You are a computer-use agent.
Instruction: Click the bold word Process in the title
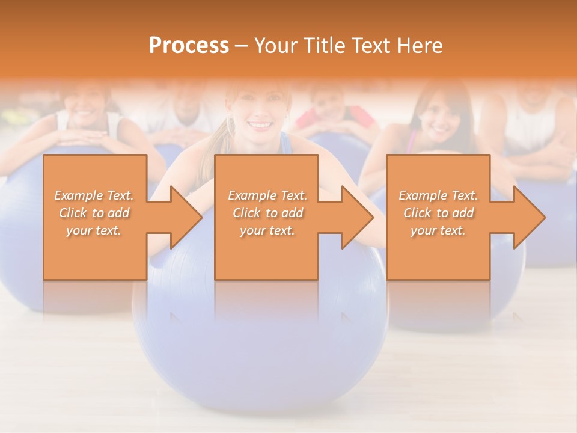coord(189,46)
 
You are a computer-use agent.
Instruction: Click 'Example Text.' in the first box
coord(94,195)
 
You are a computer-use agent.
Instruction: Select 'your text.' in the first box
coord(94,230)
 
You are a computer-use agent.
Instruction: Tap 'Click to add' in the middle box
coord(267,213)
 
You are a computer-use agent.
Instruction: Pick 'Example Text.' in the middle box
coord(267,195)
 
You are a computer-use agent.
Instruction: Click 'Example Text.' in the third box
coord(438,195)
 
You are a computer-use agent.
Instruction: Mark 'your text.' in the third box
coord(438,230)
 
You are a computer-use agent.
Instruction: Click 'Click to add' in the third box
coord(438,213)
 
